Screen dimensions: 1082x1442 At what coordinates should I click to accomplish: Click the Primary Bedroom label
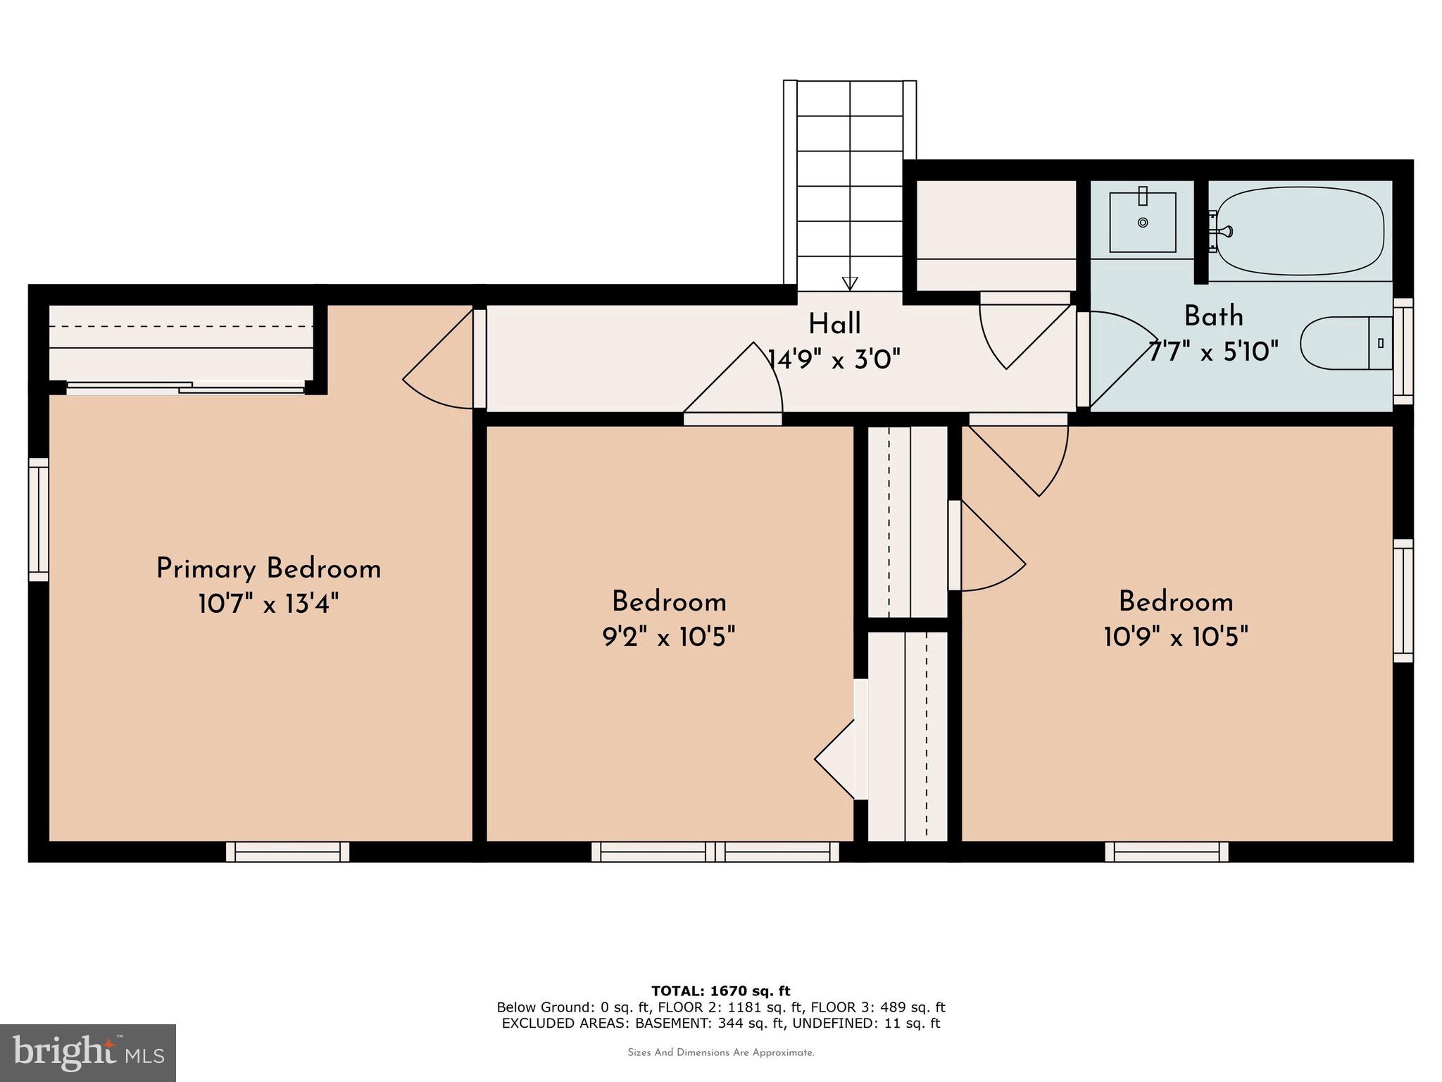coord(268,568)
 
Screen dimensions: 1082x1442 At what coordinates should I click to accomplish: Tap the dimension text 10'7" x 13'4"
coord(268,604)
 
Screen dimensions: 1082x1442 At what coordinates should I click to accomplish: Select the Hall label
coord(834,324)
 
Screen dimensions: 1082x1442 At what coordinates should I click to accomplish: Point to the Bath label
coord(1213,316)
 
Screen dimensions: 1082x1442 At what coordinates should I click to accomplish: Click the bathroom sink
coord(1142,222)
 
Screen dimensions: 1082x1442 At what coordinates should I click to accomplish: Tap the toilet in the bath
coord(1345,343)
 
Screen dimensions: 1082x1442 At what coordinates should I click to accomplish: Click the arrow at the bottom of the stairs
coord(850,283)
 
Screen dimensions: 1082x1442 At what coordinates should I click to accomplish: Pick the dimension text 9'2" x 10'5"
coord(668,638)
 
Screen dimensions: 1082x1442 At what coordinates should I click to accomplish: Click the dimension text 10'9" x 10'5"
coord(1176,638)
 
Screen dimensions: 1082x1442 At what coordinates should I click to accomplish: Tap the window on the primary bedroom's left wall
coord(39,520)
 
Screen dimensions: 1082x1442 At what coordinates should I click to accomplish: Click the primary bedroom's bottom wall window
coord(287,852)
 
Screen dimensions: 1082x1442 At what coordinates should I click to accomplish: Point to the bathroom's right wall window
coord(1403,352)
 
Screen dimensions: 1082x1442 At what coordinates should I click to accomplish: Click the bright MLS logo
coord(88,1052)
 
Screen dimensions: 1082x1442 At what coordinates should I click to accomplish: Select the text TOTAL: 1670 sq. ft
coord(720,991)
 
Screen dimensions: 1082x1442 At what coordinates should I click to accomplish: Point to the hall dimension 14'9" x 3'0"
coord(834,360)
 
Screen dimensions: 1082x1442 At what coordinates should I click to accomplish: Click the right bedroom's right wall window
coord(1403,601)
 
